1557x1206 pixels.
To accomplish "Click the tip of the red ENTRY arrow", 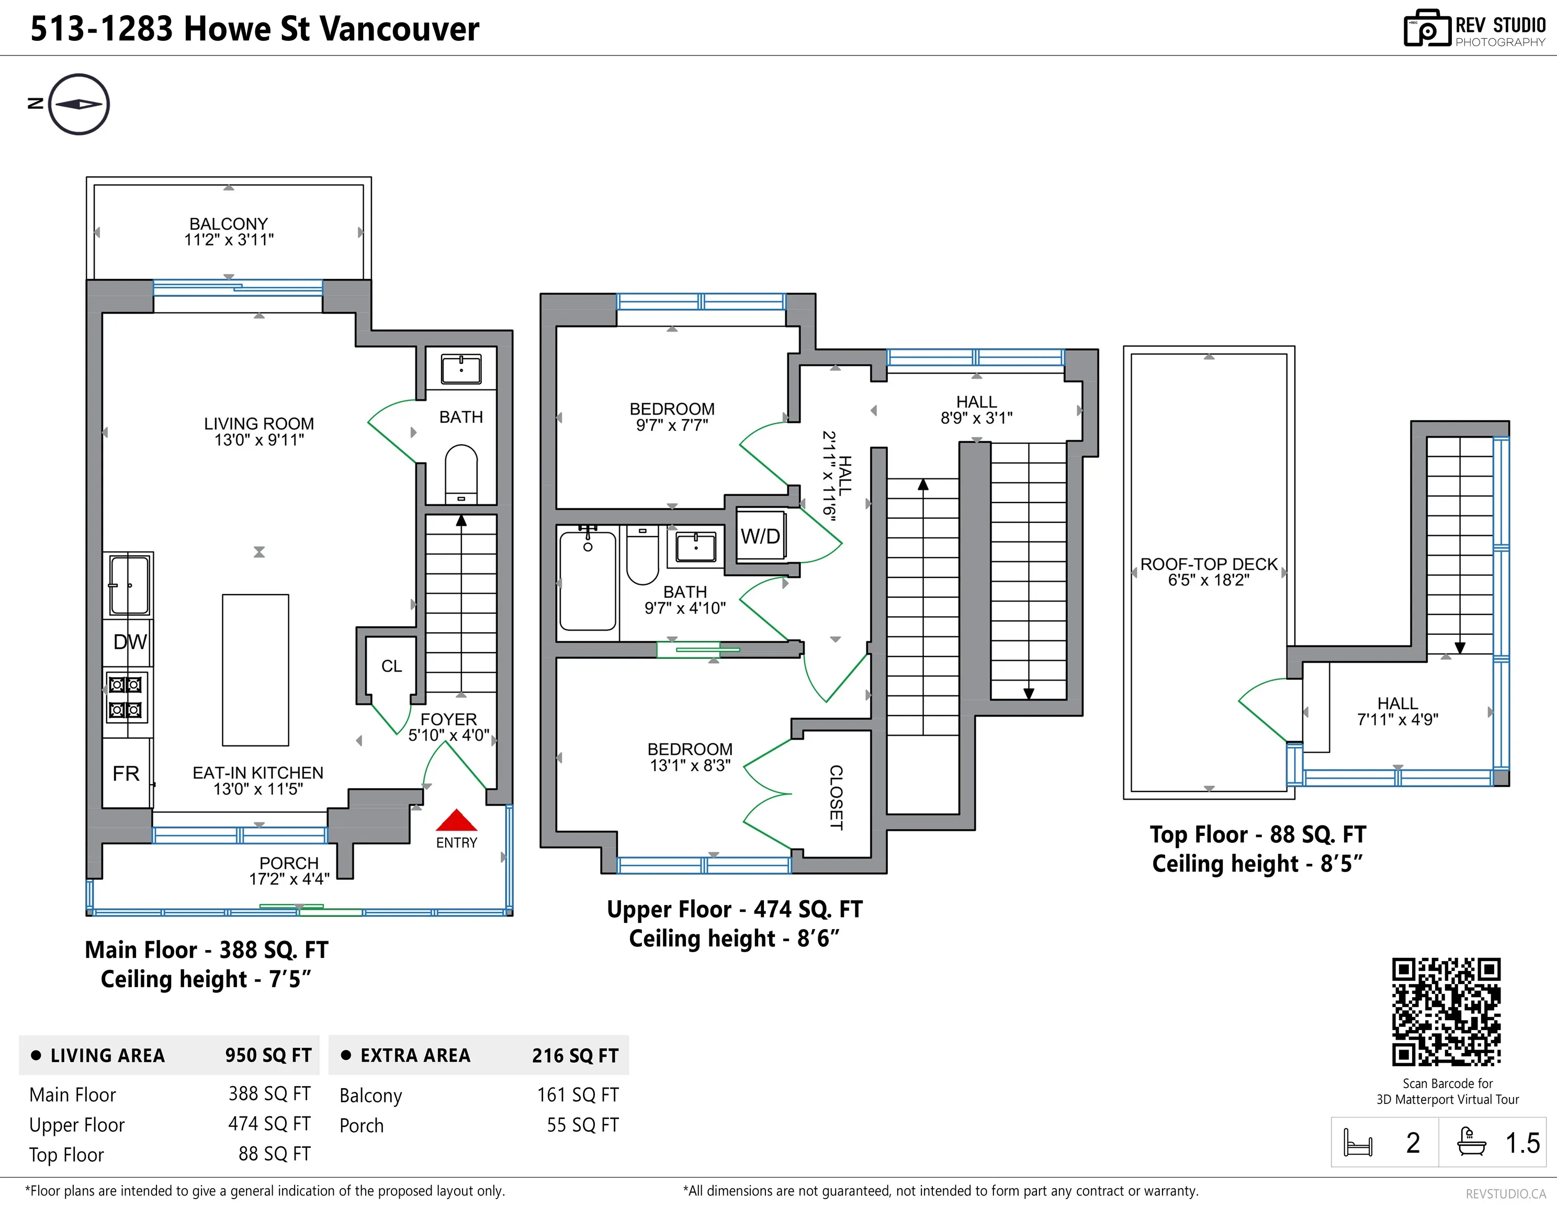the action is click(456, 809).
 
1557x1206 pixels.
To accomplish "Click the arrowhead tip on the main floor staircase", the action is click(461, 515).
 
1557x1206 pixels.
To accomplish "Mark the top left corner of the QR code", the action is click(1392, 958).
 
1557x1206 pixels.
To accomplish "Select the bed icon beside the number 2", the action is click(1357, 1143).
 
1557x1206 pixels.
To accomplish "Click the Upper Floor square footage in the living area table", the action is click(269, 1124).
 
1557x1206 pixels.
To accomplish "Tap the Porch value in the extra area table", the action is click(582, 1125).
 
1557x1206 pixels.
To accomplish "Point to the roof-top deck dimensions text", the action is click(1209, 580).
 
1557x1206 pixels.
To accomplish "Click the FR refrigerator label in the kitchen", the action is click(126, 774).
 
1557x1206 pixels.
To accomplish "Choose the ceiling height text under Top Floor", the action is click(1258, 864).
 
